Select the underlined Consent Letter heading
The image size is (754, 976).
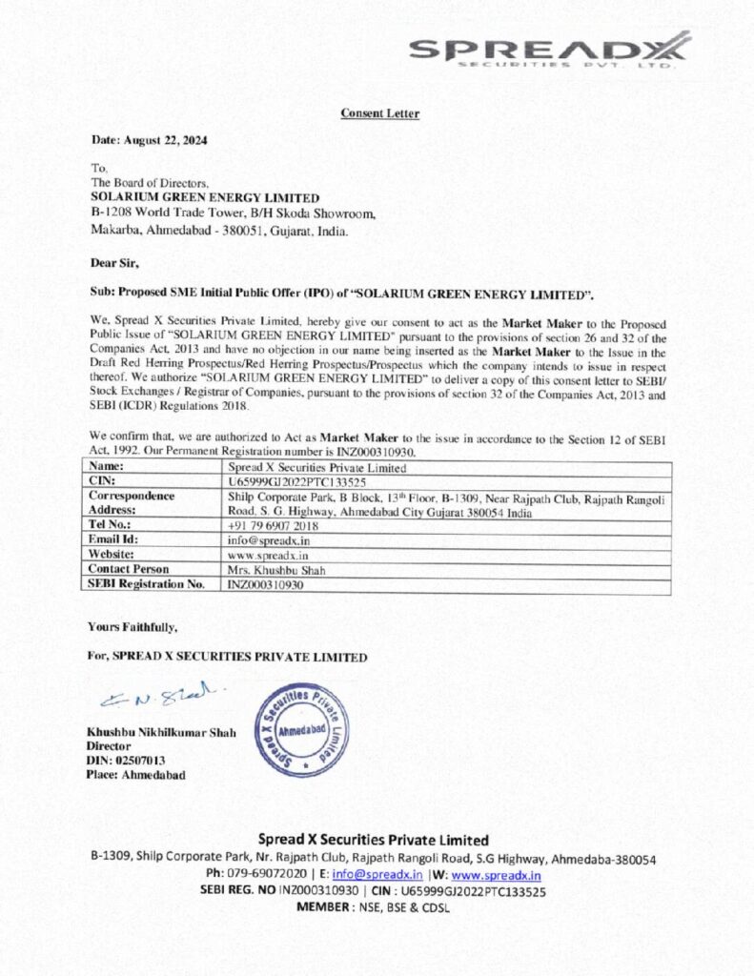pyautogui.click(x=379, y=114)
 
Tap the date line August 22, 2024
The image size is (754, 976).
pyautogui.click(x=150, y=141)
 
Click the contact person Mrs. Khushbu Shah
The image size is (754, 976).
pyautogui.click(x=275, y=568)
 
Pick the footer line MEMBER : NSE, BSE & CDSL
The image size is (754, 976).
pyautogui.click(x=374, y=907)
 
